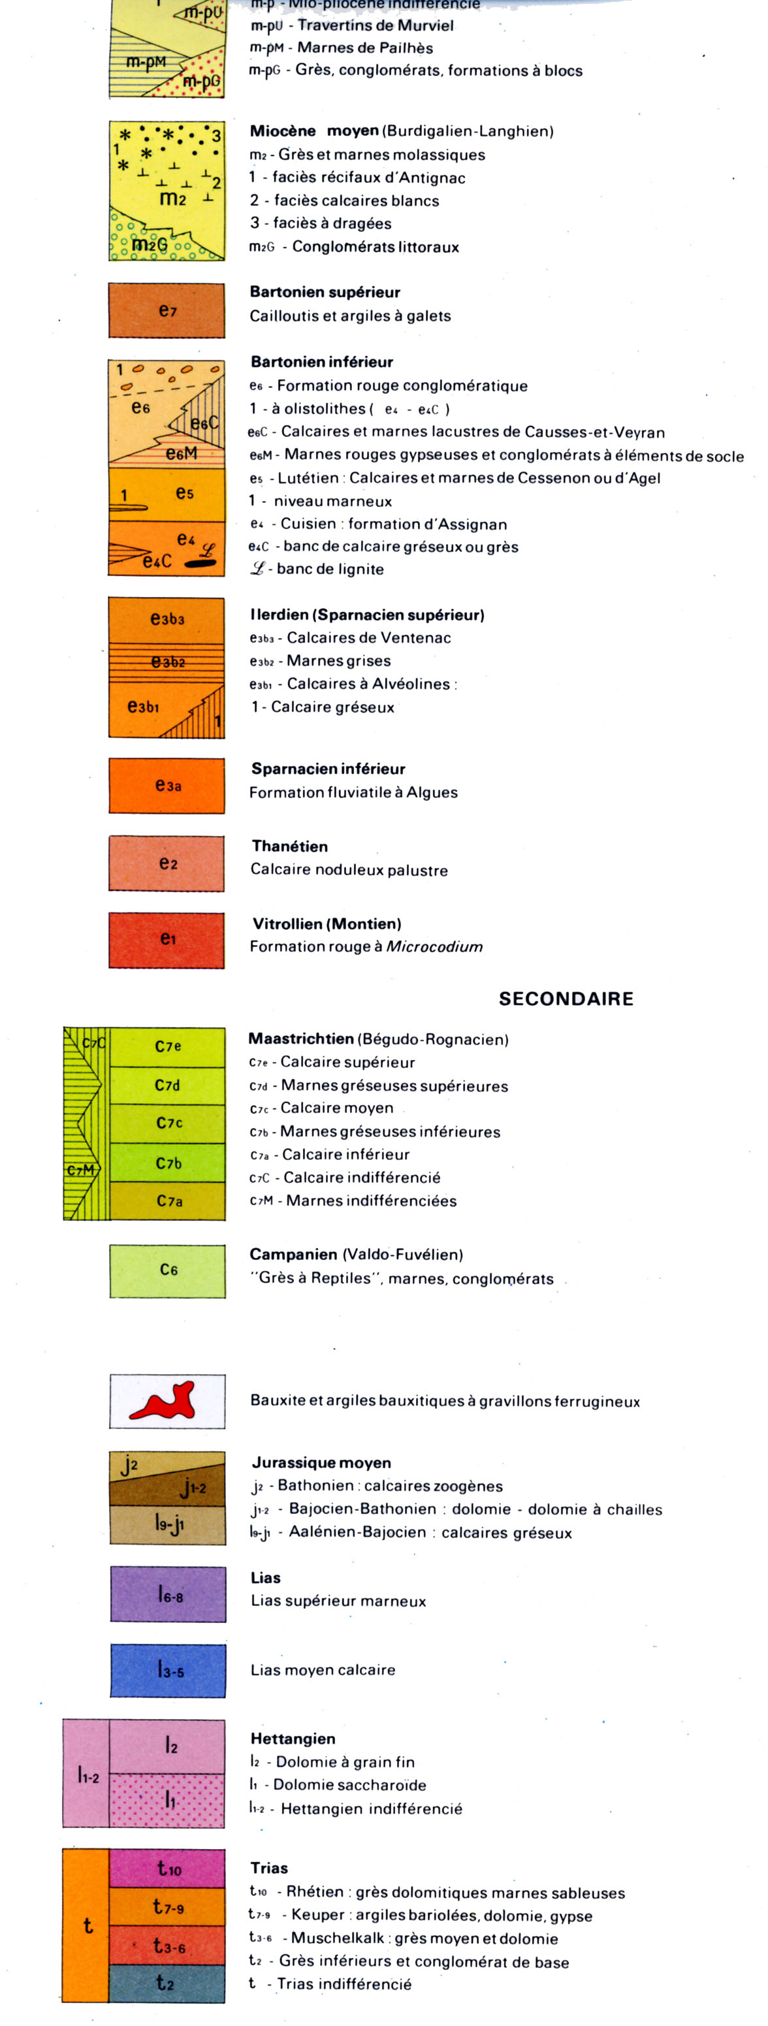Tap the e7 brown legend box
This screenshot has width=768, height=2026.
(167, 311)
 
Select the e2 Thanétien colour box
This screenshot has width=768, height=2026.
(167, 863)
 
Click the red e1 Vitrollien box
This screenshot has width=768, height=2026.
(167, 939)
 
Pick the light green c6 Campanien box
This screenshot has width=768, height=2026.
(167, 1270)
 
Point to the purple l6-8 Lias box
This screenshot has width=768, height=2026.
(168, 1594)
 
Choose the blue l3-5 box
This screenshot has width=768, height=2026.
(168, 1671)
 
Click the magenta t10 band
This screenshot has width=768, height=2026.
(167, 1868)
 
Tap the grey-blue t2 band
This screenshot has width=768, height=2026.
(167, 1983)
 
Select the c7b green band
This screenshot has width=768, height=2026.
(167, 1163)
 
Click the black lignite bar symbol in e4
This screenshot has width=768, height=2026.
(200, 563)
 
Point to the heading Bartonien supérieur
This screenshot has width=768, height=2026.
(325, 292)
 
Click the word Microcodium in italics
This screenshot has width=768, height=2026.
(434, 946)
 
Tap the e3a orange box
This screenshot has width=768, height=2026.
(167, 785)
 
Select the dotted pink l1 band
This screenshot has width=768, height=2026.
(167, 1799)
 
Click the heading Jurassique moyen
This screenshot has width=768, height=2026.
(321, 1463)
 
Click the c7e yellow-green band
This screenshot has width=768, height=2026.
(167, 1046)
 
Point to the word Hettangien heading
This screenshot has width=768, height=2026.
(293, 1739)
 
